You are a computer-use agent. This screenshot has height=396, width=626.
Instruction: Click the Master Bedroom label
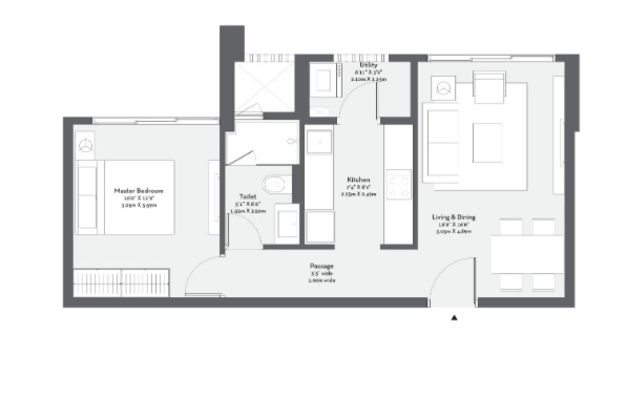pyautogui.click(x=139, y=191)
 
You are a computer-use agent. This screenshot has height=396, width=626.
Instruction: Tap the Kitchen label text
pyautogui.click(x=358, y=180)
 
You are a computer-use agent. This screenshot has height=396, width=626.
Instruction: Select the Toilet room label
pyautogui.click(x=248, y=197)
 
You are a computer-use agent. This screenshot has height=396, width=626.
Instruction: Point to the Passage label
pyautogui.click(x=321, y=266)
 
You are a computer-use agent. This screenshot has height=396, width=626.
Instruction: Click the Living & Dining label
pyautogui.click(x=454, y=217)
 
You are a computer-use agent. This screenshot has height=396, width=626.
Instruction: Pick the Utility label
pyautogui.click(x=368, y=65)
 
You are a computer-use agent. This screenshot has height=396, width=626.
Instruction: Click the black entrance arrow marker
pyautogui.click(x=454, y=318)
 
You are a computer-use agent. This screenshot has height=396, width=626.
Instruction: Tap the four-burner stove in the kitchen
pyautogui.click(x=399, y=185)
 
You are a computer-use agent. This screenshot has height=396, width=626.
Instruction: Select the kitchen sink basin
pyautogui.click(x=319, y=142)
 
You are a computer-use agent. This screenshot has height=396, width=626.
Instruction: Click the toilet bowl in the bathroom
pyautogui.click(x=276, y=185)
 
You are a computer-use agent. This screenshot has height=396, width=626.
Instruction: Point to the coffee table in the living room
pyautogui.click(x=487, y=143)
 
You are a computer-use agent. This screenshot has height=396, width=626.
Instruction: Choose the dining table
pyautogui.click(x=527, y=255)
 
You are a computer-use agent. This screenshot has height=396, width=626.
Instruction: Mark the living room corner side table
pyautogui.click(x=443, y=88)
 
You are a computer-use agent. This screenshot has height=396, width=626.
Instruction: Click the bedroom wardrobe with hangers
pyautogui.click(x=121, y=283)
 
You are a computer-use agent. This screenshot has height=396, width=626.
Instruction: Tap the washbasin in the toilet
pyautogui.click(x=287, y=224)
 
